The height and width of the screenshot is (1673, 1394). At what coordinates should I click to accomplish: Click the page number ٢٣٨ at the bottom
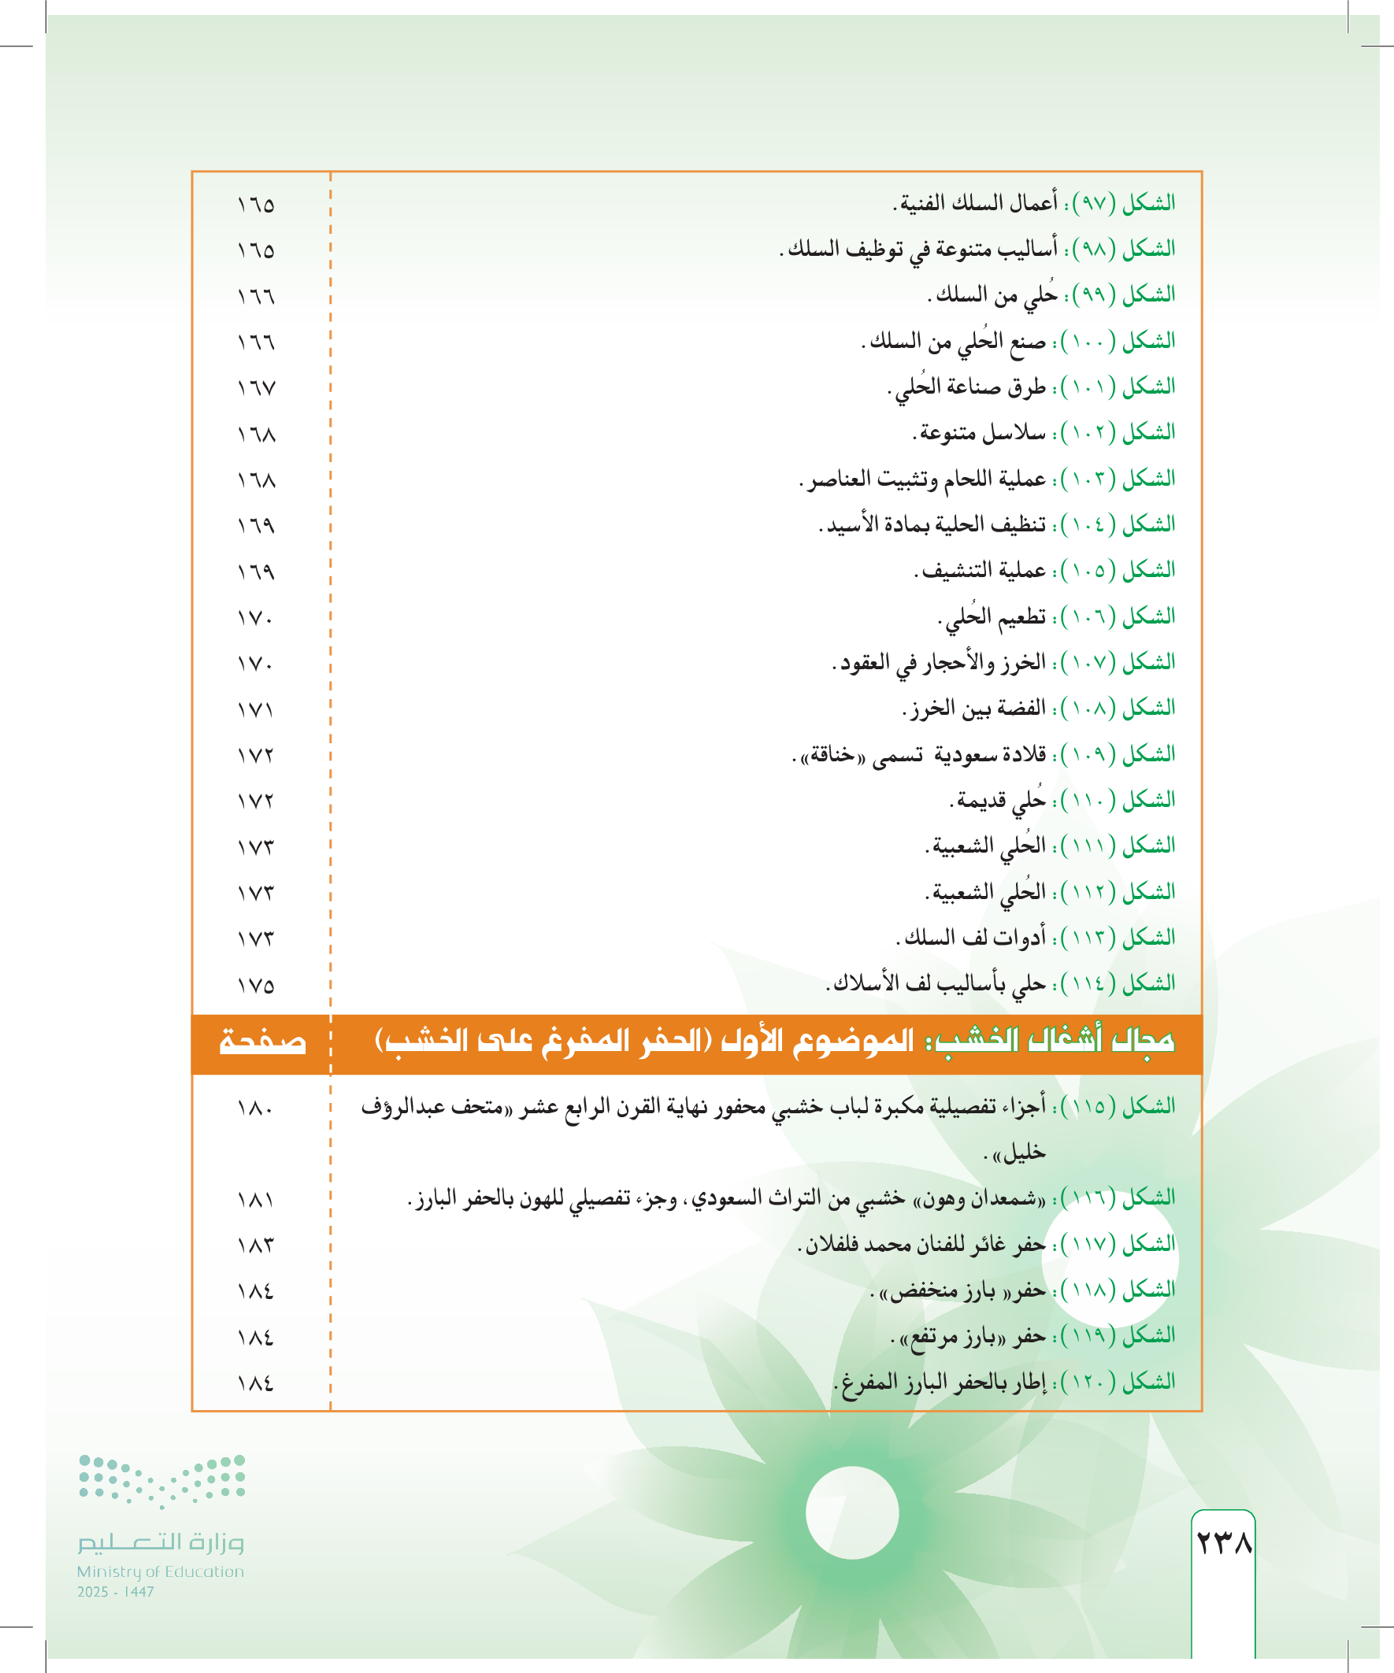pyautogui.click(x=1223, y=1542)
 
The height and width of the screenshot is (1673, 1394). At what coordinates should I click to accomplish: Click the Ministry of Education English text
pyautogui.click(x=160, y=1571)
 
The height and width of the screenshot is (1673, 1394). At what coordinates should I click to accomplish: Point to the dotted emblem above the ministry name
pyautogui.click(x=161, y=1481)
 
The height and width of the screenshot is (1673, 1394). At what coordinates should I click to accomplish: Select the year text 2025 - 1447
pyautogui.click(x=116, y=1592)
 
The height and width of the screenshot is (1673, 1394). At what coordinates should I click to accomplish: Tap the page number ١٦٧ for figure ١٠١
pyautogui.click(x=256, y=388)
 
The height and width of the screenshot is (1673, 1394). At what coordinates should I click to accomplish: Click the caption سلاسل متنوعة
pyautogui.click(x=981, y=433)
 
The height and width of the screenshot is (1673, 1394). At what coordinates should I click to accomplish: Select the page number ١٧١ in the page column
pyautogui.click(x=256, y=709)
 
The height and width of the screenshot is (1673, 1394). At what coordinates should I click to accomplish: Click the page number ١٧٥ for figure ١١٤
pyautogui.click(x=256, y=986)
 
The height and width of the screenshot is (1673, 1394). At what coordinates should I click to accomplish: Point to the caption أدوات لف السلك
pyautogui.click(x=973, y=938)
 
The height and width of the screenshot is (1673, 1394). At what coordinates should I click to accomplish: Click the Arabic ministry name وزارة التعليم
pyautogui.click(x=160, y=1542)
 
